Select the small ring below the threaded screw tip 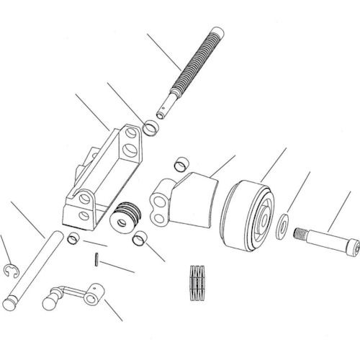coord(152,129)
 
